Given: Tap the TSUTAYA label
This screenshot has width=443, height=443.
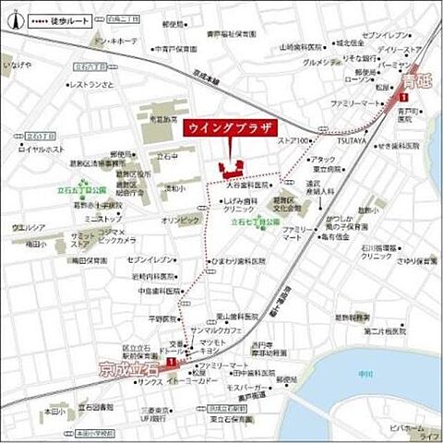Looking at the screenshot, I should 350,140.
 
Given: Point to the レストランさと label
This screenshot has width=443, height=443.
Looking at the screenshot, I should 90,85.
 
